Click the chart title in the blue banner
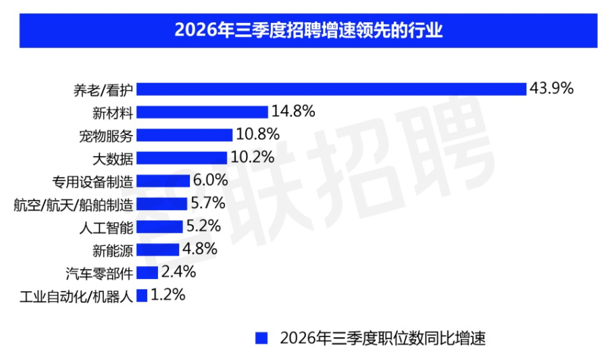pos(308,30)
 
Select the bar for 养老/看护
pos(332,89)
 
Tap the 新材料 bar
pos(203,112)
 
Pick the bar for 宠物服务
pos(184,135)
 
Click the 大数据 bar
pos(182,158)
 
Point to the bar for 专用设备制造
pos(163,181)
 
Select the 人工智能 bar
pos(159,227)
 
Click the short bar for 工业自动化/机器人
pos(142,296)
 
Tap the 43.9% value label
pos(551,88)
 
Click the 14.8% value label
pos(293,111)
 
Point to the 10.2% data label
pos(253,157)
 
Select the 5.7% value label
pos(208,203)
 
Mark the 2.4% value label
pos(178,272)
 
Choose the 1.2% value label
pos(168,295)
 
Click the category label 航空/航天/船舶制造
pos(73,205)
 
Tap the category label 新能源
pos(113,251)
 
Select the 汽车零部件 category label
pos(99,274)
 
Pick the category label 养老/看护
pos(103,91)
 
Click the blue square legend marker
pos(261,338)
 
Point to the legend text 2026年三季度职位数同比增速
pos(383,338)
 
